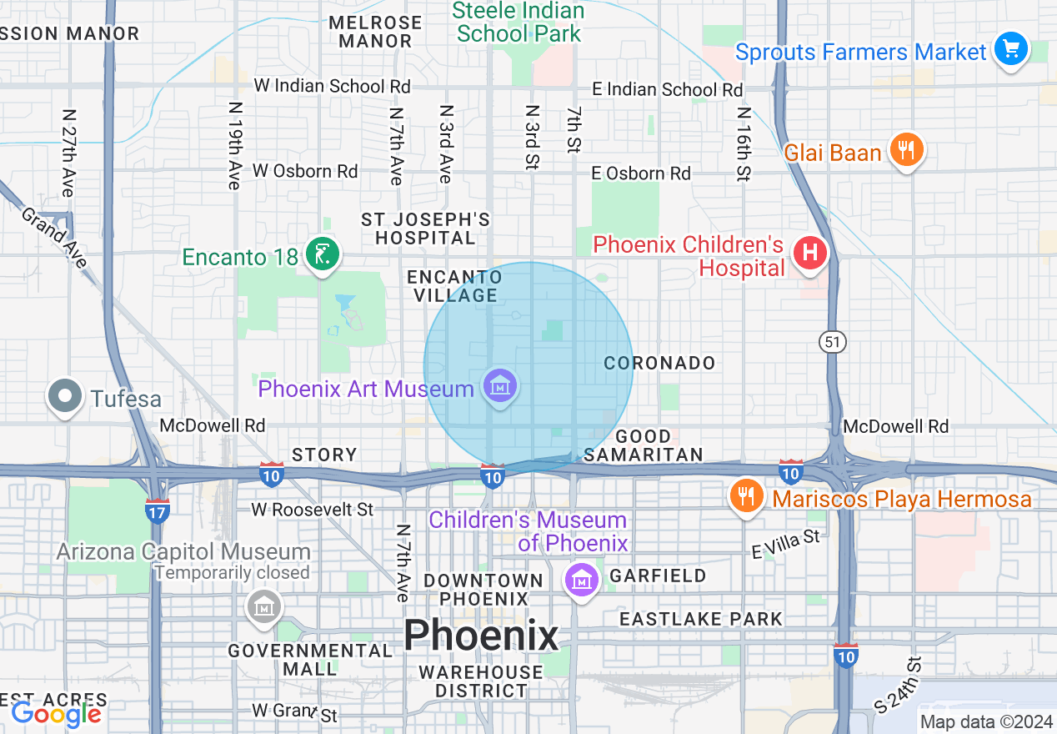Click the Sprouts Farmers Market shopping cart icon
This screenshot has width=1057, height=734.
pos(1011,50)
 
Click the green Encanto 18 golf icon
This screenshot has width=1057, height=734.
pos(322,254)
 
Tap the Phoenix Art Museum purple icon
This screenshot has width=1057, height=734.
pos(499,386)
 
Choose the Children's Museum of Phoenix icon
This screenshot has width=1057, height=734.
pos(581,578)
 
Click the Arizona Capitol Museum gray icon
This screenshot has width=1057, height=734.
pos(263,606)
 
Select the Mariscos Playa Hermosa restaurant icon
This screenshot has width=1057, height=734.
pos(746,496)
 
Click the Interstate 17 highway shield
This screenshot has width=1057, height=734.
pos(157,510)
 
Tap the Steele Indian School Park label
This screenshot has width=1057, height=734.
pos(518,23)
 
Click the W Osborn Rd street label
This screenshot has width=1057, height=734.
pos(305,171)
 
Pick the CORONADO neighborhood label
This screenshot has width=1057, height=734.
pos(659,363)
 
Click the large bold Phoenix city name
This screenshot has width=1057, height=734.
pos(481,636)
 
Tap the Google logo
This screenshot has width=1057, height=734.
pos(56,714)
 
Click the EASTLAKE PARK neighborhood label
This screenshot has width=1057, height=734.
pos(700,619)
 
